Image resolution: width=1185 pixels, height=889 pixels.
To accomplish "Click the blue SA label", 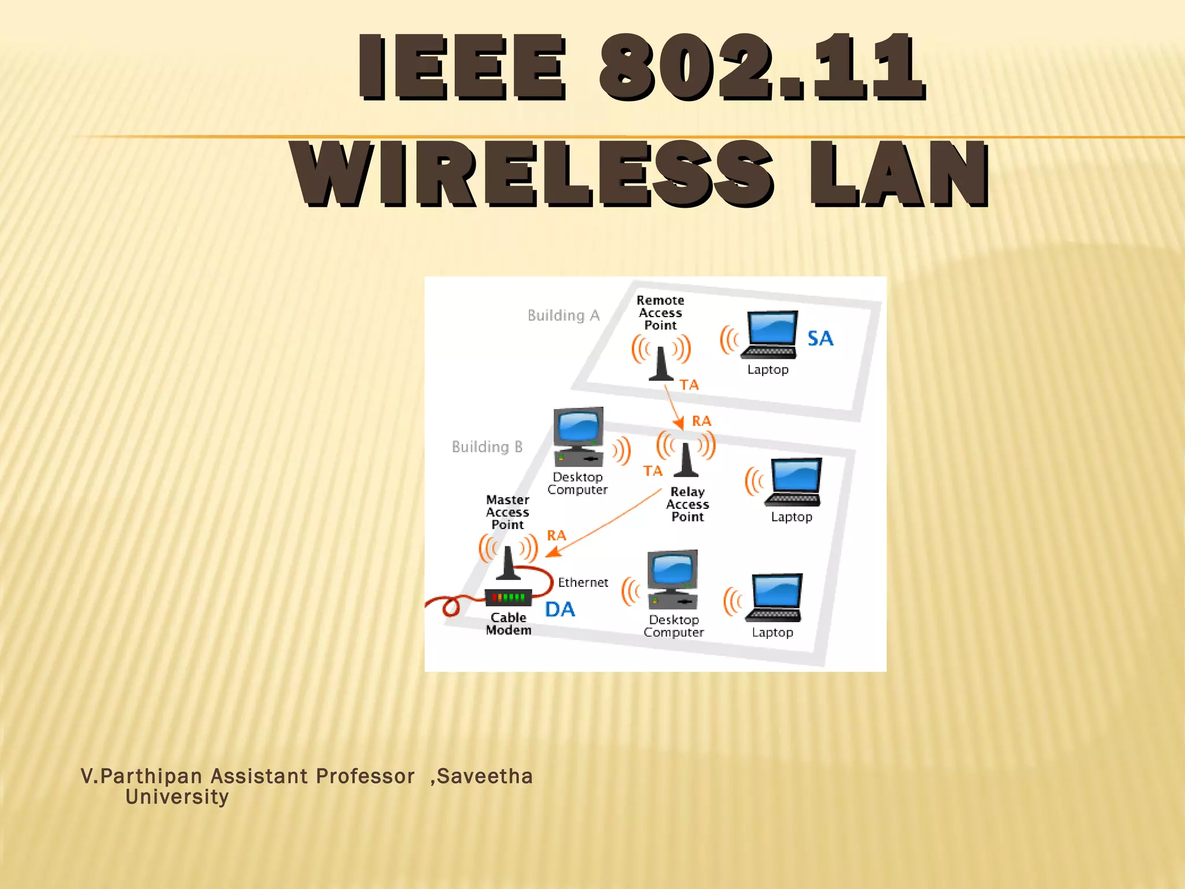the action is [x=820, y=339].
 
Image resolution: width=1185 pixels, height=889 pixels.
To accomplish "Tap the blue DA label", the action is [x=560, y=609].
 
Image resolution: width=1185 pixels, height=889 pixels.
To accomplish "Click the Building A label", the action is [x=563, y=315].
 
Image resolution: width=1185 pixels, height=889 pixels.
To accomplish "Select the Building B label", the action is [x=487, y=447].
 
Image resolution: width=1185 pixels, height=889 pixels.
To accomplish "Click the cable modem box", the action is [x=508, y=597].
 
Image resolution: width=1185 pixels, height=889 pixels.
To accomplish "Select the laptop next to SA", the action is [x=770, y=335].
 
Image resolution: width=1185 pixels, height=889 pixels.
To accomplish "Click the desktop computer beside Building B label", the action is [x=578, y=437].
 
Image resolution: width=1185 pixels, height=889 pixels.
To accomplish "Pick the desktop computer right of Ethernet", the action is [x=672, y=579].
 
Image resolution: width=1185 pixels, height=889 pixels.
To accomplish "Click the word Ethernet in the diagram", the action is [x=583, y=583].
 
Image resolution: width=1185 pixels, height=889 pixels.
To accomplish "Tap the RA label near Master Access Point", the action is [x=556, y=535].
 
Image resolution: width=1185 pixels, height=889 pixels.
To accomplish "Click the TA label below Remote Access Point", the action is [x=689, y=385].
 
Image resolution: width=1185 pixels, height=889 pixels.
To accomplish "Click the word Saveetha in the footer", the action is [x=484, y=776].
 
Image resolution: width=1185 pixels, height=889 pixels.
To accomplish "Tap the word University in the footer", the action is [x=177, y=797].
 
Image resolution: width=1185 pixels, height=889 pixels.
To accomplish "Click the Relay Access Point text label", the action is [x=687, y=504].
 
